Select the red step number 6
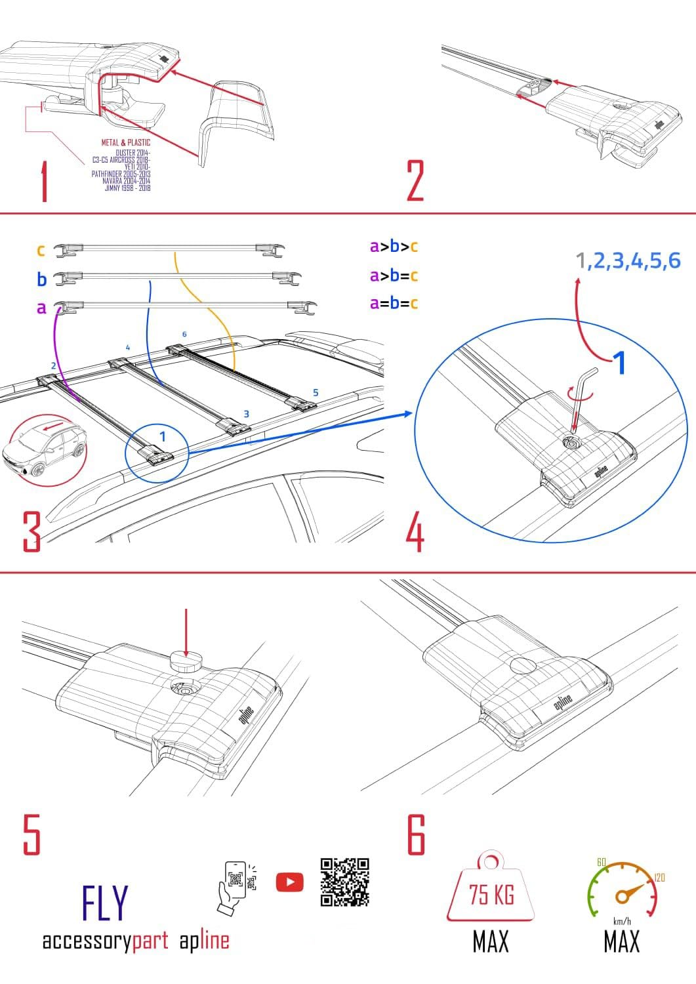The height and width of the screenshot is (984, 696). coord(417,835)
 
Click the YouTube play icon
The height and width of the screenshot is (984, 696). coord(290,882)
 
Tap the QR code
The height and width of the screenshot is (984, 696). coord(345,882)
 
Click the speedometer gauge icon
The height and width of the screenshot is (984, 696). coord(621,889)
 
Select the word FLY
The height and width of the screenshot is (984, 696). coord(105,904)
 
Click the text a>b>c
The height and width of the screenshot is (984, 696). coord(394,247)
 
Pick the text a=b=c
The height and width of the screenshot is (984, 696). coord(394,303)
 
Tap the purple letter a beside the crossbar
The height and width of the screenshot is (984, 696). coord(41,308)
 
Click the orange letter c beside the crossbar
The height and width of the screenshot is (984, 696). coord(41,250)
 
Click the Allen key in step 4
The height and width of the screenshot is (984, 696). coord(583,400)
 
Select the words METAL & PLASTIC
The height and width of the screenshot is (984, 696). coord(125,142)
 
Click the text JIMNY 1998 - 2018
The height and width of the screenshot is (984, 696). coord(127,188)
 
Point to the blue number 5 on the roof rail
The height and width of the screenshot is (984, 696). coord(316,392)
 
